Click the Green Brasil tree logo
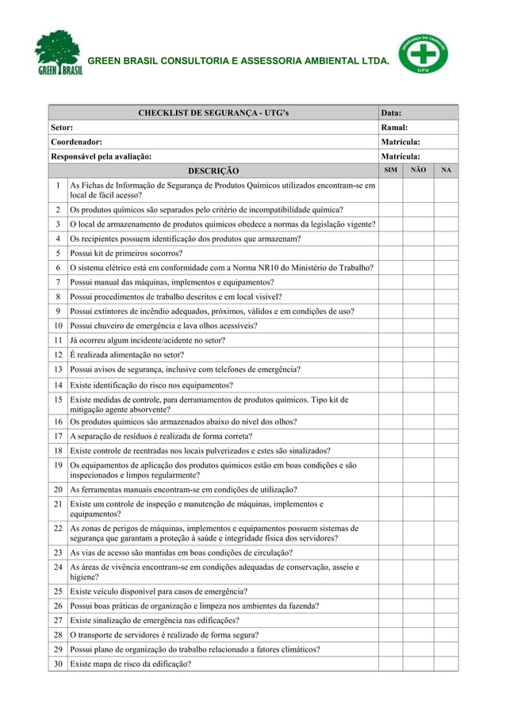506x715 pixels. [x=59, y=52]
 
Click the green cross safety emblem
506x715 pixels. [x=423, y=52]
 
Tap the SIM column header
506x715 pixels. [x=391, y=170]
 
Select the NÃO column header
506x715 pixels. [x=419, y=170]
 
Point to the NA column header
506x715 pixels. [x=447, y=170]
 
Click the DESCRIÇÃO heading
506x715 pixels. [x=213, y=170]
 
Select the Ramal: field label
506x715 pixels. [x=395, y=127]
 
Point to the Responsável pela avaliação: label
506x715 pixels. [x=101, y=156]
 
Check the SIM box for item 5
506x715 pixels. [x=391, y=254]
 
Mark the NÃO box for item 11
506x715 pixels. [x=419, y=340]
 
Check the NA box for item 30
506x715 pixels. [x=447, y=664]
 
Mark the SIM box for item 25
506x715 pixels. [x=391, y=591]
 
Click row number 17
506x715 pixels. [x=59, y=436]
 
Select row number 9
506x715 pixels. [x=59, y=311]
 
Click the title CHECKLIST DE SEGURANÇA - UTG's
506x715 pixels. [x=213, y=113]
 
